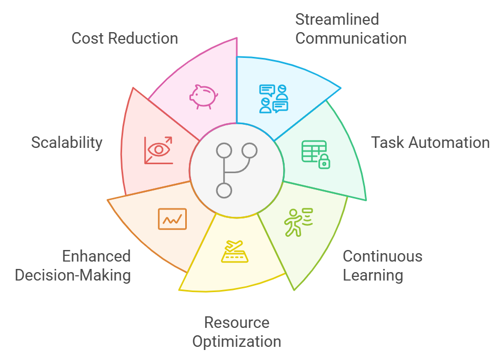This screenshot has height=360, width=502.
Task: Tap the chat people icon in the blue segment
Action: pyautogui.click(x=274, y=99)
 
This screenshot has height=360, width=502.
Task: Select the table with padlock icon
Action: pyautogui.click(x=315, y=154)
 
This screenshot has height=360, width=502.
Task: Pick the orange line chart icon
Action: pyautogui.click(x=172, y=218)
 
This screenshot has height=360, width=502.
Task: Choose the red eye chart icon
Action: pyautogui.click(x=158, y=150)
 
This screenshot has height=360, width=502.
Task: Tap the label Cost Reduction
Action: pyautogui.click(x=125, y=38)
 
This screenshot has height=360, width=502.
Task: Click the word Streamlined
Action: pyautogui.click(x=337, y=19)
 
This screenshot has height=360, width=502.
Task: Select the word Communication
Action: pyautogui.click(x=350, y=38)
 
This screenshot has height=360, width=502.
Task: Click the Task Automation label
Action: pyautogui.click(x=430, y=142)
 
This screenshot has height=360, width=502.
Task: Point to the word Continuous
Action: pyautogui.click(x=383, y=256)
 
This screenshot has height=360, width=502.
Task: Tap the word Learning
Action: pyautogui.click(x=373, y=275)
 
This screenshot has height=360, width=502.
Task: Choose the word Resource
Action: pyautogui.click(x=237, y=322)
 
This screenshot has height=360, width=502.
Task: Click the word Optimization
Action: pyautogui.click(x=237, y=341)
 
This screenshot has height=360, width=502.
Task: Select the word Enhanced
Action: pyautogui.click(x=96, y=256)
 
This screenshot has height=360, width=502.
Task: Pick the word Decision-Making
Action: pyautogui.click(x=73, y=275)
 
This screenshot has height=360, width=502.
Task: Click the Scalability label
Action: pyautogui.click(x=67, y=142)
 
